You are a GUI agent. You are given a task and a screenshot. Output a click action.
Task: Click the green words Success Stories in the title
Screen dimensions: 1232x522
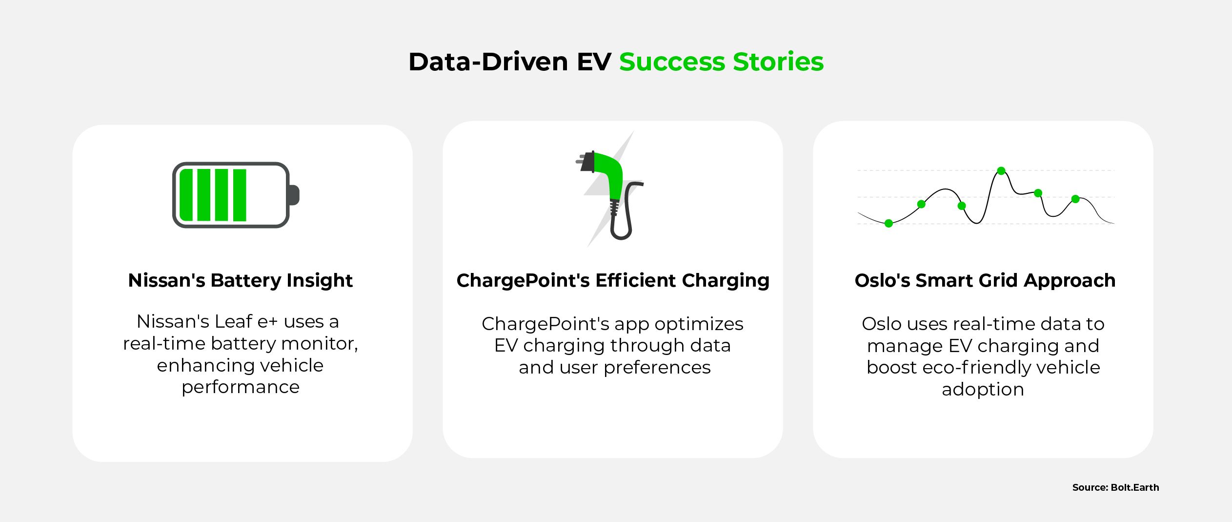click(721, 62)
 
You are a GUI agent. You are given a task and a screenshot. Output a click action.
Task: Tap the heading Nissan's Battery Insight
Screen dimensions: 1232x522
click(240, 280)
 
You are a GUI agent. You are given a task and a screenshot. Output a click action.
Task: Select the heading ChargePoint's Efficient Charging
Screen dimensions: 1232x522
click(613, 281)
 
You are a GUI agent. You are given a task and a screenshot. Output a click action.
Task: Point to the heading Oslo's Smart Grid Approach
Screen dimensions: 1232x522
click(985, 281)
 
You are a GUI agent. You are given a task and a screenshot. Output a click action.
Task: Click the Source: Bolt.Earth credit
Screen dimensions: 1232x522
click(1115, 487)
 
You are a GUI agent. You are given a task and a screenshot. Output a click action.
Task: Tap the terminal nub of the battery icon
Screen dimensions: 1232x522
click(294, 195)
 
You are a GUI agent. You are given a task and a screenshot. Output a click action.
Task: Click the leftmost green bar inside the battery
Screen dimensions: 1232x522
click(187, 195)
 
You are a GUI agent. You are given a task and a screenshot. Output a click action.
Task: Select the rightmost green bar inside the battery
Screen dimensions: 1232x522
click(240, 195)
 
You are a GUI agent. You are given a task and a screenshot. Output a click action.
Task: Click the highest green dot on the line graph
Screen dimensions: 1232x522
click(1001, 171)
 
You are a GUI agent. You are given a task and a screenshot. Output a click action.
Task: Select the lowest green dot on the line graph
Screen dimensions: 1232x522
click(889, 223)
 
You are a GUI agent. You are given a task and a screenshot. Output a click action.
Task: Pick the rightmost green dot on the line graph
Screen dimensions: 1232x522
click(1075, 199)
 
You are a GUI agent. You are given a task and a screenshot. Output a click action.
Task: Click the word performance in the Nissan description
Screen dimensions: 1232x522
click(241, 388)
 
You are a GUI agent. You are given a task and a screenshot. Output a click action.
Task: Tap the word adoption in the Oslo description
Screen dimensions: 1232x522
click(983, 390)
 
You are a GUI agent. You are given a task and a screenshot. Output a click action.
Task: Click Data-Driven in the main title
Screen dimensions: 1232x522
click(488, 62)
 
